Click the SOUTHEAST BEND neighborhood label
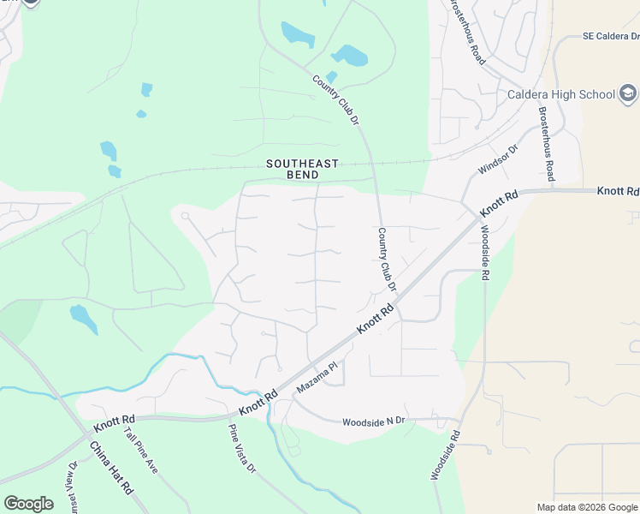[x=303, y=169]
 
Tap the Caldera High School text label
[x=560, y=94]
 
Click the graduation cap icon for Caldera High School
[x=628, y=93]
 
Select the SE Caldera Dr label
[x=610, y=37]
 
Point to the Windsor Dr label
[x=498, y=160]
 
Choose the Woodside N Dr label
[x=373, y=422]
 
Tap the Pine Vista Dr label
[x=241, y=449]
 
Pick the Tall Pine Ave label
[x=141, y=451]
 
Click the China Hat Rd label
[x=111, y=468]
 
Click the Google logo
[x=28, y=504]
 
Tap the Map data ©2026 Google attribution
[x=586, y=507]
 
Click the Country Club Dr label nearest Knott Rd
[x=388, y=260]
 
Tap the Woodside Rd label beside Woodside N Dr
[x=445, y=453]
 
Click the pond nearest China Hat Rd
[x=83, y=319]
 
